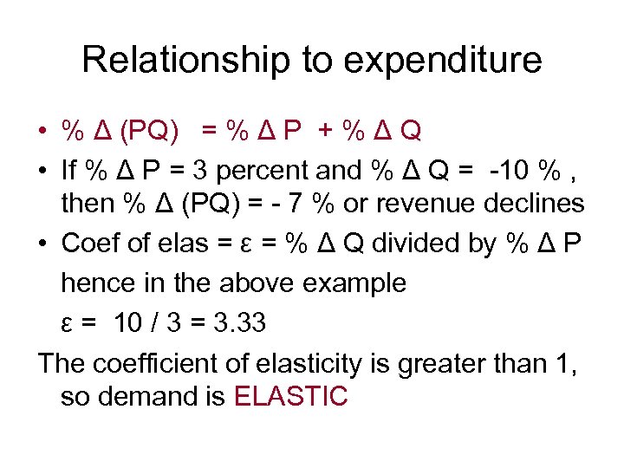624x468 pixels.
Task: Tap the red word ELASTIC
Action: tap(291, 397)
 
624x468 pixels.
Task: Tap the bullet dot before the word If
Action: tap(42, 171)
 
